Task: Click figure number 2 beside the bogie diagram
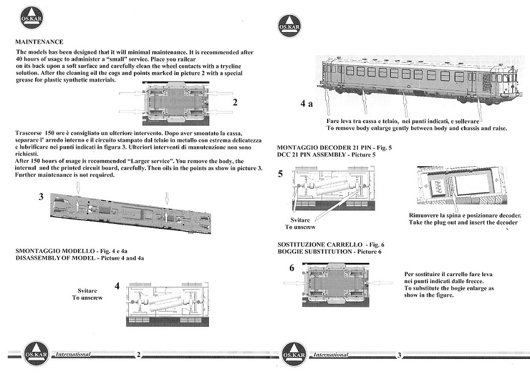point(235,102)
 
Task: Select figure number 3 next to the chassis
point(41,196)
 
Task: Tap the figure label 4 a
point(306,105)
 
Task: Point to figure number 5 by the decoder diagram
point(281,174)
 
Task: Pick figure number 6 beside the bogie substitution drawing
point(292,268)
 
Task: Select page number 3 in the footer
point(399,355)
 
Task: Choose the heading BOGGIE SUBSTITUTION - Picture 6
point(329,252)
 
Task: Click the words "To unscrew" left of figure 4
point(88,297)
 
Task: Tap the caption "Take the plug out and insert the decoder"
point(463,223)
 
